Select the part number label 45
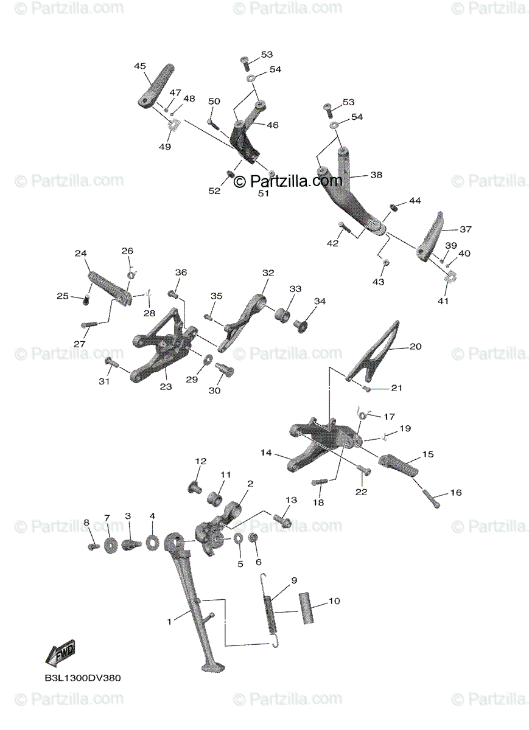point(140,65)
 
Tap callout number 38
point(376,175)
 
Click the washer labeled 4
point(152,540)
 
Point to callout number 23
point(166,386)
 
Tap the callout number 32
point(268,273)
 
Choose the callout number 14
point(265,453)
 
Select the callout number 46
point(272,125)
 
